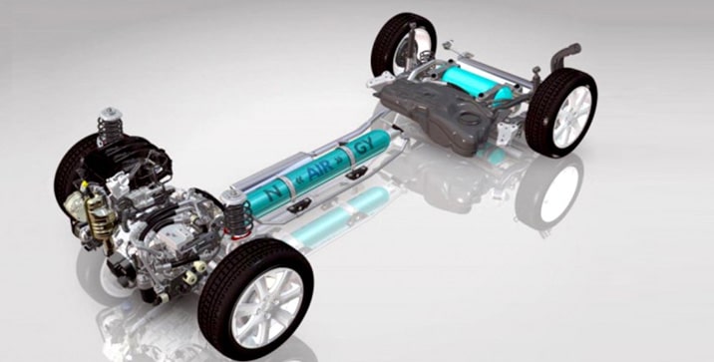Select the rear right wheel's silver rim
571,113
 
